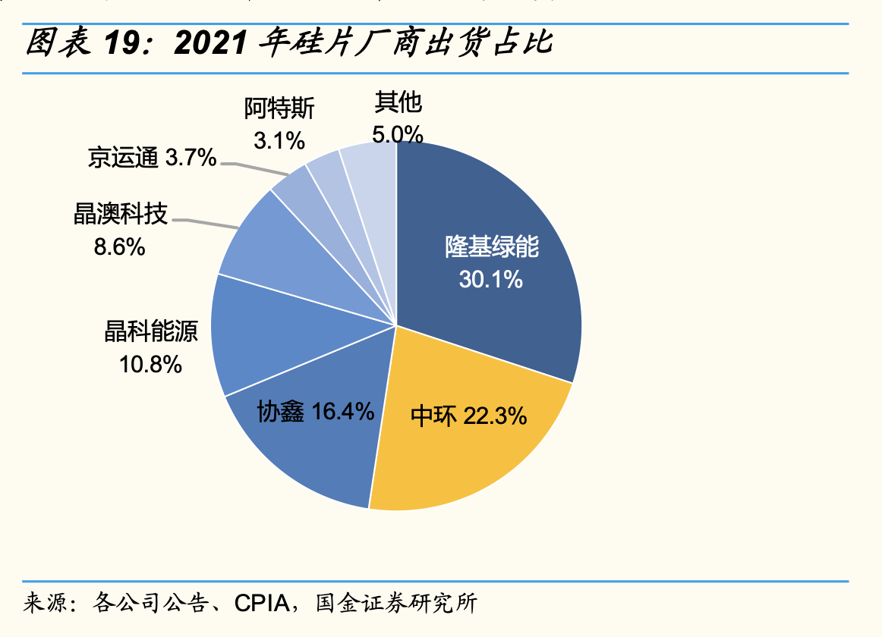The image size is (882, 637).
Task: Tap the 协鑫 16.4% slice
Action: click(304, 447)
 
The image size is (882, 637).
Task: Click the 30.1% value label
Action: click(490, 280)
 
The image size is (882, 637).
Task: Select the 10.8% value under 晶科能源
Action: click(150, 365)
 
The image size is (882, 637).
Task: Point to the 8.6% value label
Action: click(119, 247)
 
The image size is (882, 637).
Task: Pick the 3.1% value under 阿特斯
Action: click(279, 140)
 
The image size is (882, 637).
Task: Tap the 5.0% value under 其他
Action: click(397, 135)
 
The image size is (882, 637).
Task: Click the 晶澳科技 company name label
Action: click(120, 214)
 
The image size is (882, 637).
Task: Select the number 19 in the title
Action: click(121, 45)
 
